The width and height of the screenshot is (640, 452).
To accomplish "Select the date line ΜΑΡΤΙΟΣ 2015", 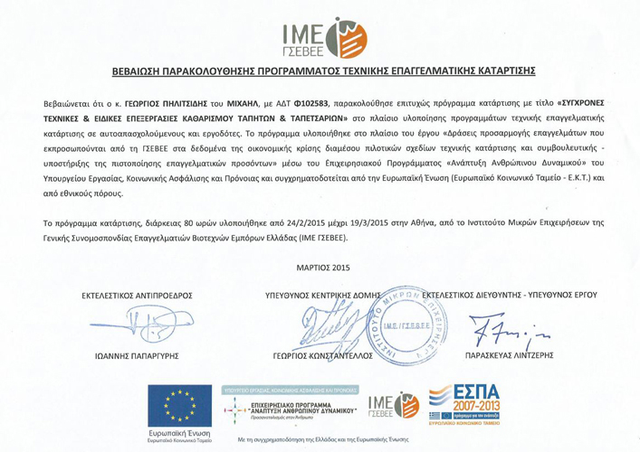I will [322, 267].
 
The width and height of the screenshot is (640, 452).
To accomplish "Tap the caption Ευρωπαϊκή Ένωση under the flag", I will [178, 434].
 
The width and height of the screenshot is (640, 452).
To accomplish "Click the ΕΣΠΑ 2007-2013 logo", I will [465, 406].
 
